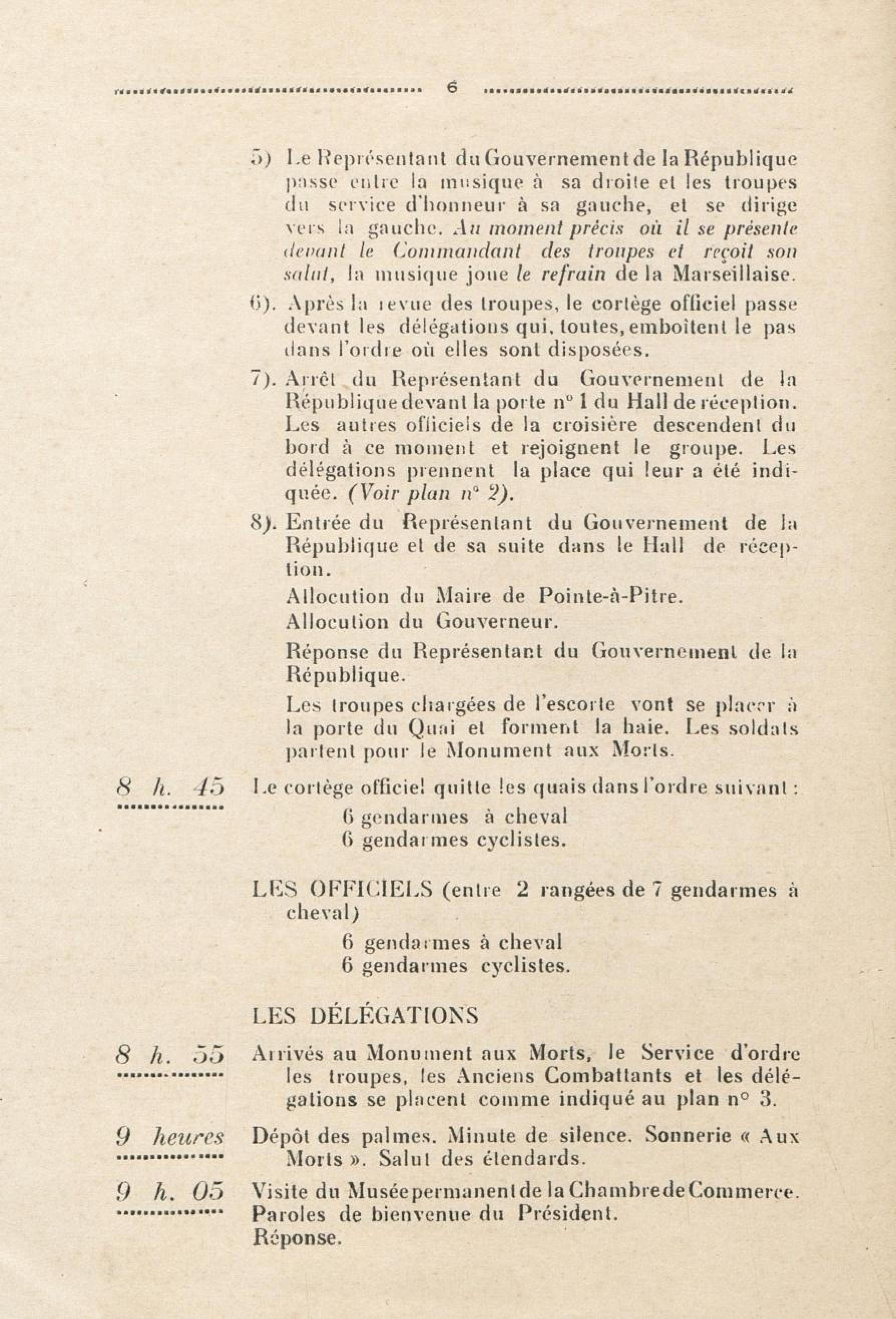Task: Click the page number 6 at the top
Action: [452, 89]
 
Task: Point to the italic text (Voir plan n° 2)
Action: [430, 494]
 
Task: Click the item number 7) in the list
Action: [263, 378]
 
